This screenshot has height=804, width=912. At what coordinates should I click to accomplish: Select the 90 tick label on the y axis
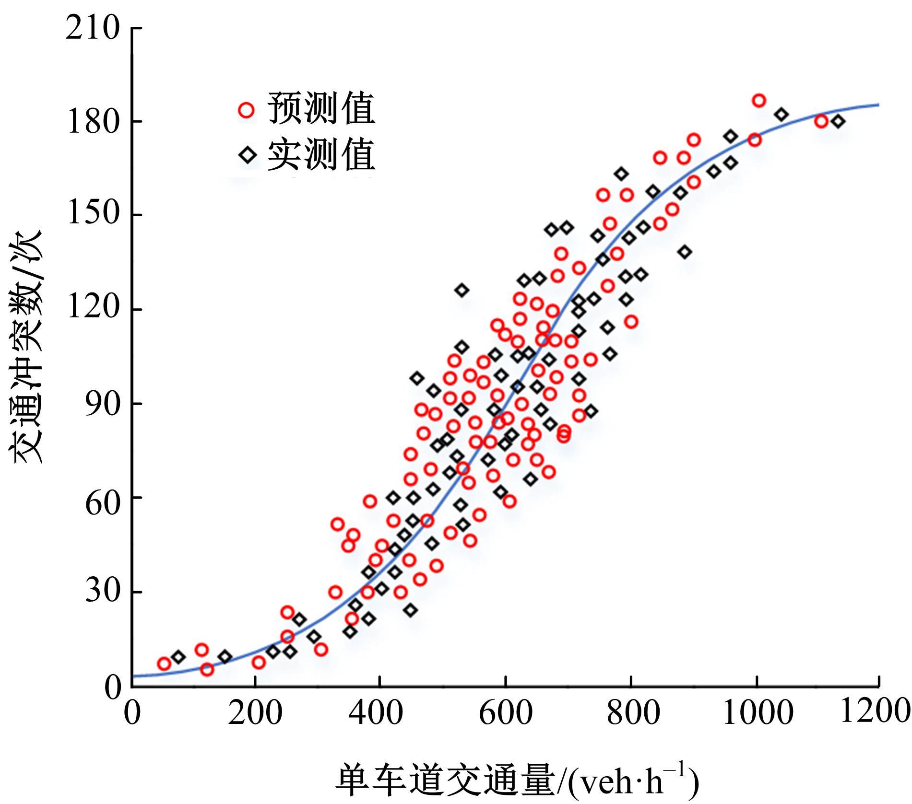(101, 404)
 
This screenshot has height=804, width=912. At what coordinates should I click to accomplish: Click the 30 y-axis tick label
(101, 592)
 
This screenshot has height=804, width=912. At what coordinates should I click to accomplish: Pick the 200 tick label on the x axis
(255, 713)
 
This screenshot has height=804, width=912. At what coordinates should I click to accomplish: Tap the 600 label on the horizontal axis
(505, 713)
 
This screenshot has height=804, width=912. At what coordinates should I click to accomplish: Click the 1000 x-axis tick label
(757, 713)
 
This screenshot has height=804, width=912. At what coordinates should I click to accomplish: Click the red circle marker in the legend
(246, 110)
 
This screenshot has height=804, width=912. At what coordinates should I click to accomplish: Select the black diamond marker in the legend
(248, 155)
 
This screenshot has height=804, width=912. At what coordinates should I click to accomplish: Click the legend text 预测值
(321, 108)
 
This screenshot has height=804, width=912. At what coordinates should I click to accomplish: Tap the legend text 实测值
(321, 154)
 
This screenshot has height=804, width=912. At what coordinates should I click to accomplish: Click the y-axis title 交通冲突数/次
(27, 347)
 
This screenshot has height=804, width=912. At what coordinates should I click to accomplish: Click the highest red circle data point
(758, 101)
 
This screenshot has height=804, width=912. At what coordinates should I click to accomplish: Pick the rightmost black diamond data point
(838, 121)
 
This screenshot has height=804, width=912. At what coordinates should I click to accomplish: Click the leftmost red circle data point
(164, 664)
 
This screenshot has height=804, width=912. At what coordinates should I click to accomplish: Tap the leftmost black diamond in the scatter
(178, 657)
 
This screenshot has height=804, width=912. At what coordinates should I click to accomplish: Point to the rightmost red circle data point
(821, 121)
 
